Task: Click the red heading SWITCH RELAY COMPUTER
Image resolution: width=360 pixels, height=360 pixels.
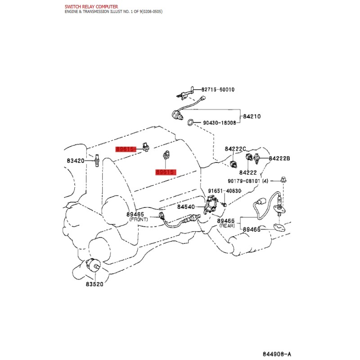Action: (x=91, y=7)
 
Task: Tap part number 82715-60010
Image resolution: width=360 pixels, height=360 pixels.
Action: (x=218, y=90)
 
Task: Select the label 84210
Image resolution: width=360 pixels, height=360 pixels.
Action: (x=252, y=117)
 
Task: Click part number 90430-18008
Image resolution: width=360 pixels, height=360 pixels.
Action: (x=220, y=123)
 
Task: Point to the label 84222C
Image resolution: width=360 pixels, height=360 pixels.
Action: (x=235, y=149)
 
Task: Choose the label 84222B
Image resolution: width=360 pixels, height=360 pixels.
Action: (x=279, y=158)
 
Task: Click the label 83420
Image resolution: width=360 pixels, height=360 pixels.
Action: (x=76, y=161)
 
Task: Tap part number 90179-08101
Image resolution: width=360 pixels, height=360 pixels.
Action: (x=244, y=181)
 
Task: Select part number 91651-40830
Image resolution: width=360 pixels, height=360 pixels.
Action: (x=225, y=191)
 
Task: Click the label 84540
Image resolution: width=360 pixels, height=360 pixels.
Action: (x=186, y=207)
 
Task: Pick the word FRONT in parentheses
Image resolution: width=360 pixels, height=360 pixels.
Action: (x=139, y=220)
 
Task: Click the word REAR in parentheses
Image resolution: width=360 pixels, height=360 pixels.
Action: (x=227, y=226)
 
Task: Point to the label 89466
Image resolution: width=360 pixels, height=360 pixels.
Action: (x=252, y=229)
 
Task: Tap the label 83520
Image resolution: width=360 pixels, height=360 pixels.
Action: (x=94, y=284)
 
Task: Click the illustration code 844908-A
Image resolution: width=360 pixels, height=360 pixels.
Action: (x=277, y=354)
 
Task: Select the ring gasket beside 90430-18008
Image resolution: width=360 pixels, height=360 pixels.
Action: (x=190, y=122)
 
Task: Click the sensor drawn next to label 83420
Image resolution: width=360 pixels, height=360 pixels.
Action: (x=97, y=160)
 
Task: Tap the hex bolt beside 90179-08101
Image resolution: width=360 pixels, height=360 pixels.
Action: (x=283, y=179)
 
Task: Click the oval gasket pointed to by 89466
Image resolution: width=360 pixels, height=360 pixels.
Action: (x=279, y=228)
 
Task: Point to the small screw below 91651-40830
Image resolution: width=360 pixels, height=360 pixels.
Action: (x=225, y=204)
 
